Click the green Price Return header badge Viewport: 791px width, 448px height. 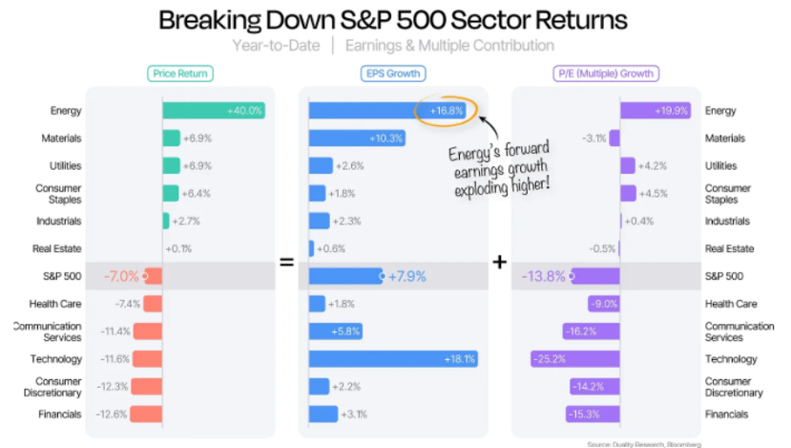click(180, 73)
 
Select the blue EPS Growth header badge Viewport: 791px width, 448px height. click(392, 73)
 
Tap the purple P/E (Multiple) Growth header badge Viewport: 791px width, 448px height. click(607, 73)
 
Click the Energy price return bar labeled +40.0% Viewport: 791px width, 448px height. click(213, 111)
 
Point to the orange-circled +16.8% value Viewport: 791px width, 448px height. click(446, 111)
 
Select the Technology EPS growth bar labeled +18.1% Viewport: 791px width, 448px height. click(392, 359)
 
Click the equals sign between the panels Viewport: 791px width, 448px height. click(286, 261)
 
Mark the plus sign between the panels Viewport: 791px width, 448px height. click(499, 261)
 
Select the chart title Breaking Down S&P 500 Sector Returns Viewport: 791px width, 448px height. click(392, 20)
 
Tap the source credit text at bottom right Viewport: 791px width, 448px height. click(643, 444)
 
